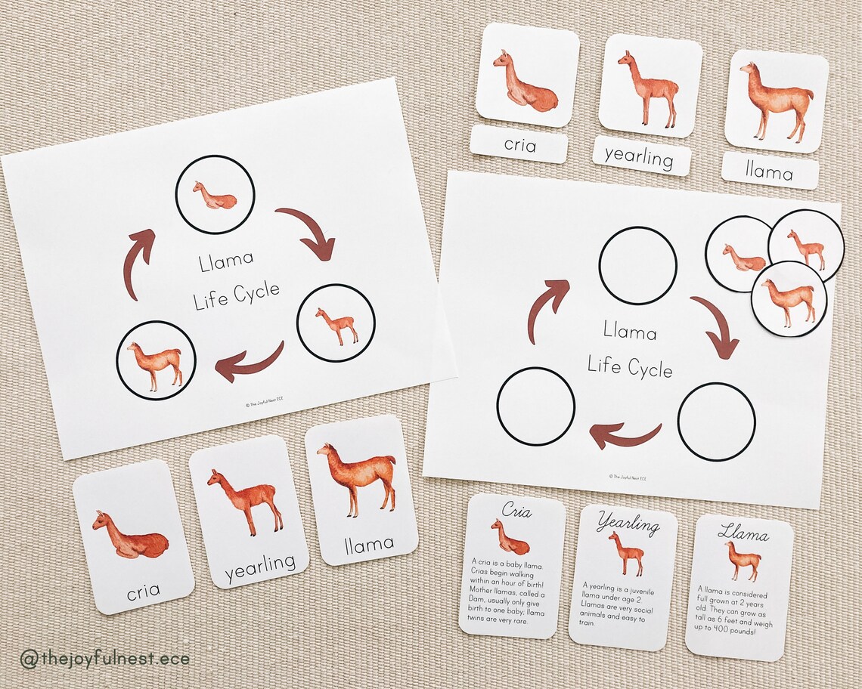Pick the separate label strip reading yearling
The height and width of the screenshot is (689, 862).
click(641, 156)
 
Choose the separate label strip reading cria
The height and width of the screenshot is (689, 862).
click(519, 144)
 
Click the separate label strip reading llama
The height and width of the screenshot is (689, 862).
click(769, 171)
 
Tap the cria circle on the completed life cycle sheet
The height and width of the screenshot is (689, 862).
click(215, 195)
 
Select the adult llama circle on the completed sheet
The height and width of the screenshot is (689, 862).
click(156, 360)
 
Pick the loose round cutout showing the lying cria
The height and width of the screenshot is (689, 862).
click(739, 255)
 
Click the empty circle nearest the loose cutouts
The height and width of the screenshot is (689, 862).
click(637, 265)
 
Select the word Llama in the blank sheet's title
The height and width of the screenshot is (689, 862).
click(630, 332)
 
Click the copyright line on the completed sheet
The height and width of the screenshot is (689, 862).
click(265, 404)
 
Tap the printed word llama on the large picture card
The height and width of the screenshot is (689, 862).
click(369, 543)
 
